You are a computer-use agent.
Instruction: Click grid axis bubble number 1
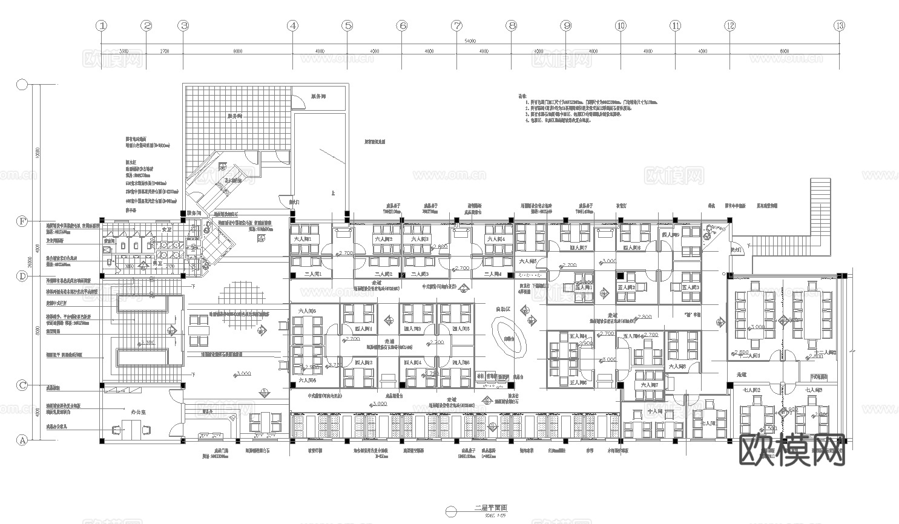point(102,25)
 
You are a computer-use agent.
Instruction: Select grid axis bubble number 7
point(456,25)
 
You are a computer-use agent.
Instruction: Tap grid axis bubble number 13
point(839,25)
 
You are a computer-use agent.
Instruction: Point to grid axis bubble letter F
point(22,221)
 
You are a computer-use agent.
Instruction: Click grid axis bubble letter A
point(22,440)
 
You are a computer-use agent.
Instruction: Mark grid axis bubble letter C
point(22,385)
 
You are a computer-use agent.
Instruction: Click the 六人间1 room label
point(303,239)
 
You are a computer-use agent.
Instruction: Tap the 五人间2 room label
point(626,287)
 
